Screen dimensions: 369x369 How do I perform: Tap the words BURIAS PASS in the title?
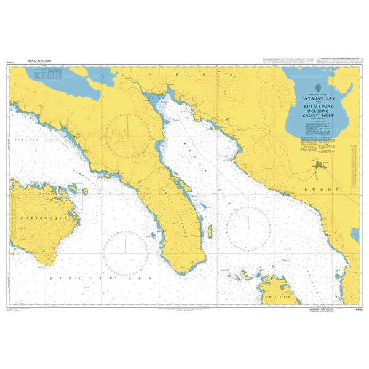[319, 107]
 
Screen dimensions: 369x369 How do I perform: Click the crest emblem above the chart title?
[319, 88]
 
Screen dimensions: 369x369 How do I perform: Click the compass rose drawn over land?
[127, 136]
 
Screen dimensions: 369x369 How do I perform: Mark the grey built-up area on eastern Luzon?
[319, 165]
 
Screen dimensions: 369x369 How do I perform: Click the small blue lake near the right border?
[355, 234]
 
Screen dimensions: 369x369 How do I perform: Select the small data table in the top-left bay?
[48, 75]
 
